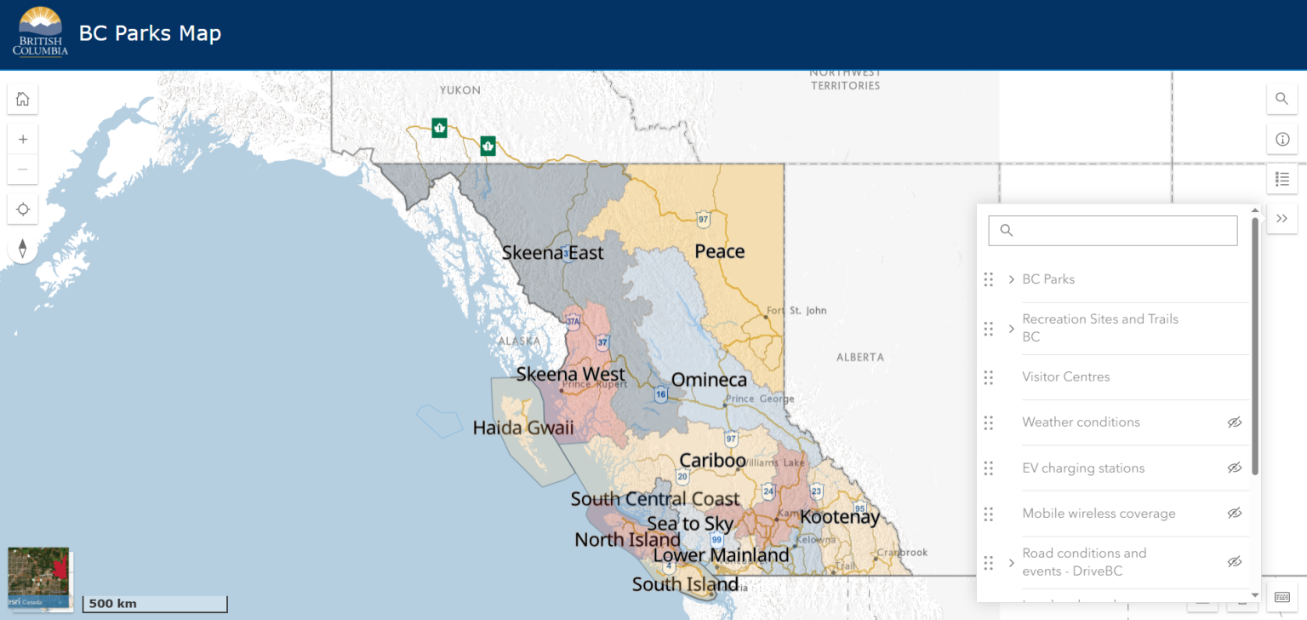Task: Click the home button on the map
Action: coord(23,99)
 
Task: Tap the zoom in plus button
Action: coord(23,139)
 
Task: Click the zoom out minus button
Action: coord(23,169)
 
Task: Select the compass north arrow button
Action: coord(23,248)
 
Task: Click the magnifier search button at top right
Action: coord(1282,99)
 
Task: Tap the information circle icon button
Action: coord(1282,139)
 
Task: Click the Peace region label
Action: coord(719,251)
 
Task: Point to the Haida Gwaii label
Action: coord(523,428)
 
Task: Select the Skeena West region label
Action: coord(570,374)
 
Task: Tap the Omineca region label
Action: coord(709,380)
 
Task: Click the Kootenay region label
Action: coord(839,517)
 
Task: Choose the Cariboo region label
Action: coord(712,461)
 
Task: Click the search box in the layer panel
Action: coord(1113,230)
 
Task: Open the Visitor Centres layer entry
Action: coord(1065,376)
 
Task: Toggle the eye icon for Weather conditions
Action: coord(1235,422)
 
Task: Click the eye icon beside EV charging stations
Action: coord(1235,468)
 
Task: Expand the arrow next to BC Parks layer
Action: coord(1011,279)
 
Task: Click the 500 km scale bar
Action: coord(155,604)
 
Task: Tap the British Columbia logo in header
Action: coord(40,32)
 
